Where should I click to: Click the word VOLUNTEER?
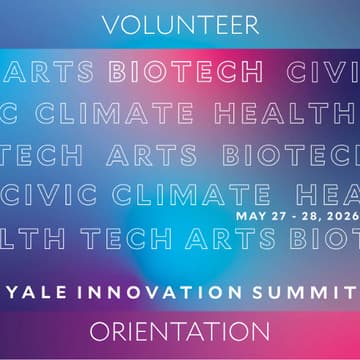point(180,23)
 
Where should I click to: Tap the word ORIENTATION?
point(180,330)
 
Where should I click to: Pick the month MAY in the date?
point(249,214)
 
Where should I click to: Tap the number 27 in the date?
point(274,214)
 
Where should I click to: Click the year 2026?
point(338,214)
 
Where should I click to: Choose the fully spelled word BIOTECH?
point(187,72)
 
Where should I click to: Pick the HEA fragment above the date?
point(327,196)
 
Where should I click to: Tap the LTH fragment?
point(34,239)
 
